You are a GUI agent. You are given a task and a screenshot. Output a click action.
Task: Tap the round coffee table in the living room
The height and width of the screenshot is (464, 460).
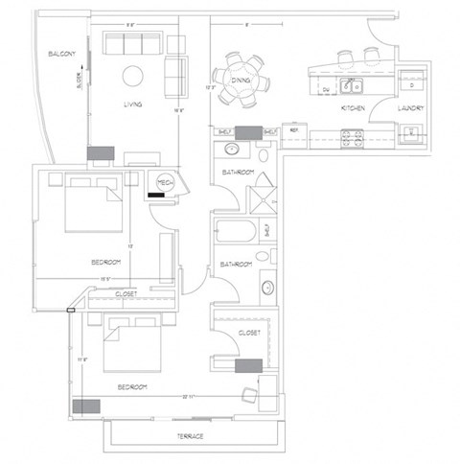click(x=132, y=76)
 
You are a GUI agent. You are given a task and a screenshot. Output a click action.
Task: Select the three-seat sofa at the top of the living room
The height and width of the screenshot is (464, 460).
click(x=132, y=42)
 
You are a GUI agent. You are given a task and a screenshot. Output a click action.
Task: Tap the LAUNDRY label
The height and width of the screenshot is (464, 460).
click(x=411, y=109)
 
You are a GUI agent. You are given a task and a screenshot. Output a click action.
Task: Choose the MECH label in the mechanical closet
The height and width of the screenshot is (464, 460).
click(x=164, y=182)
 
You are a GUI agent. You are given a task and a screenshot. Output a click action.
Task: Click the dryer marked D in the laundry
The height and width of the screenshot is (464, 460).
click(x=410, y=84)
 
